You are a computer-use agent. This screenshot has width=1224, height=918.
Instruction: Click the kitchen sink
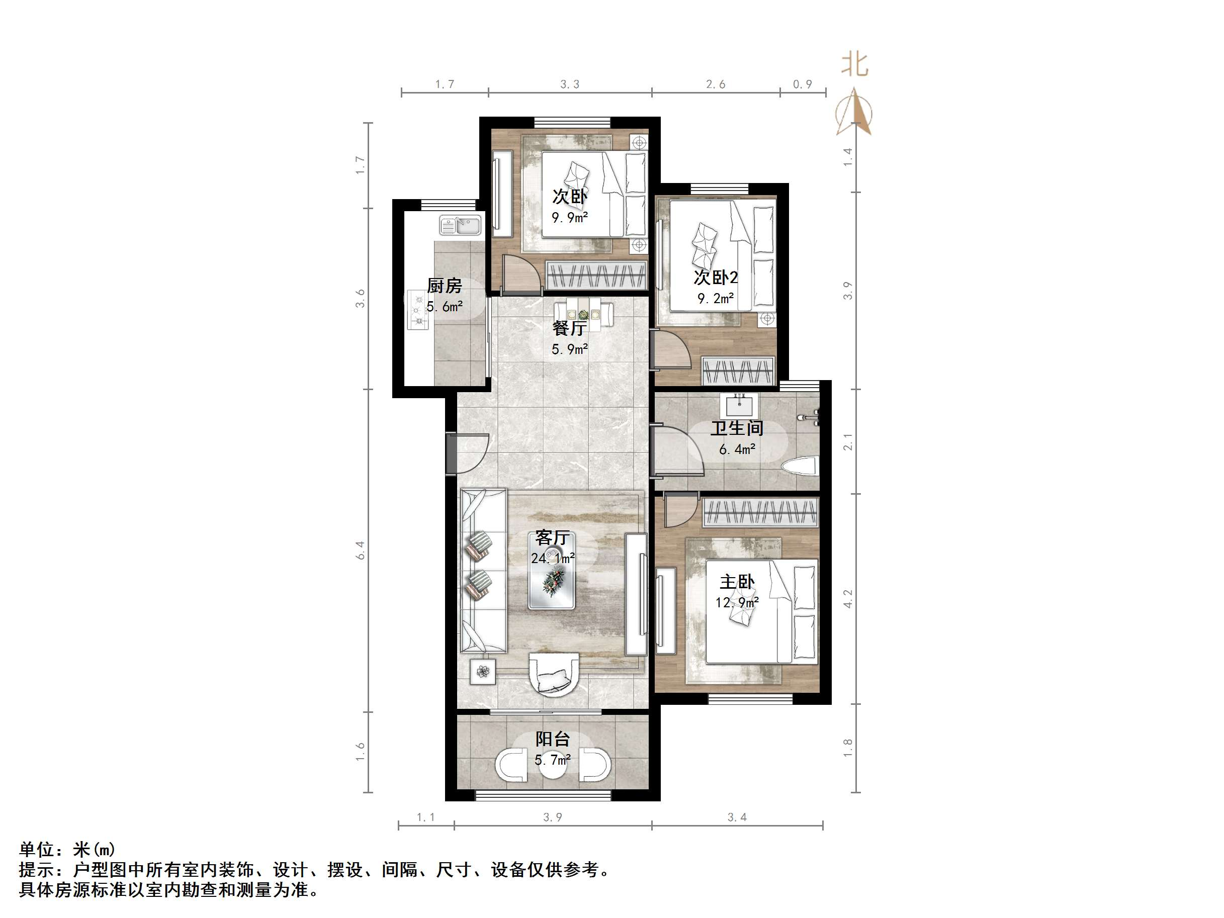click(461, 225)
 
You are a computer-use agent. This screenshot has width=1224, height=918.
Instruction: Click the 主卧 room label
click(737, 582)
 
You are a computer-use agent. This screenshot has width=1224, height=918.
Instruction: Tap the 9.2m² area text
click(716, 299)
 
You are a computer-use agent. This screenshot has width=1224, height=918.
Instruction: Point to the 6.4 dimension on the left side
click(360, 550)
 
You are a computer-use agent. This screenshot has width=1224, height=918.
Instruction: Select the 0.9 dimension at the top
click(803, 84)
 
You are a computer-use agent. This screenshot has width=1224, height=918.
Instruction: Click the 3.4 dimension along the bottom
click(737, 817)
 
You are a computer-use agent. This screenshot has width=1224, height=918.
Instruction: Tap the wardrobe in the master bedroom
click(761, 512)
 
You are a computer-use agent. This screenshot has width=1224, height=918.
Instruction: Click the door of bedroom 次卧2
click(672, 350)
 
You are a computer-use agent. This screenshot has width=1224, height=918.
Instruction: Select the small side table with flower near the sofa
click(483, 672)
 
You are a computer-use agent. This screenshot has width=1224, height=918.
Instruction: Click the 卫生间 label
click(737, 428)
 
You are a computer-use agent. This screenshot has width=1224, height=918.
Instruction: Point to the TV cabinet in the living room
click(635, 594)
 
